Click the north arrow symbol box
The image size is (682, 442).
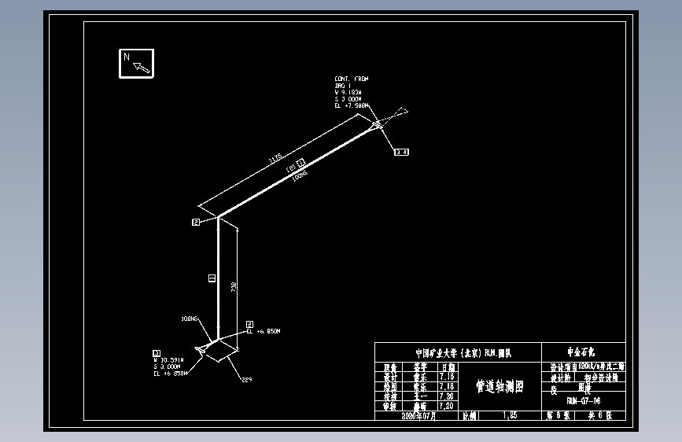[x=136, y=64]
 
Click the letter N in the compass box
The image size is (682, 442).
[x=126, y=57]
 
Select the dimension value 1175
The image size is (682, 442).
[x=275, y=159]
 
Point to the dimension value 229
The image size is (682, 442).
[x=245, y=380]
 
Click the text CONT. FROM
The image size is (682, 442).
[x=351, y=79]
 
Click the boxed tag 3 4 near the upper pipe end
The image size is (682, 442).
[x=401, y=151]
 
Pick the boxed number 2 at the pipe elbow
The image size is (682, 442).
[x=196, y=223]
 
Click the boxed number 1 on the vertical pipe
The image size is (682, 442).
[x=211, y=278]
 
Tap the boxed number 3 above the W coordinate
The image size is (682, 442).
[x=157, y=353]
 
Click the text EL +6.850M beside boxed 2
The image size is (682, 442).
[x=264, y=332]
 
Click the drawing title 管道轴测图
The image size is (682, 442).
[x=500, y=386]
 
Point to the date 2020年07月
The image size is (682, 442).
[x=418, y=414]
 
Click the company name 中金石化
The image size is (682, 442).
[x=583, y=352]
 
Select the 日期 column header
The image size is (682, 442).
[x=447, y=367]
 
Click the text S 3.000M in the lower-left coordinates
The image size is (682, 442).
[x=168, y=366]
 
